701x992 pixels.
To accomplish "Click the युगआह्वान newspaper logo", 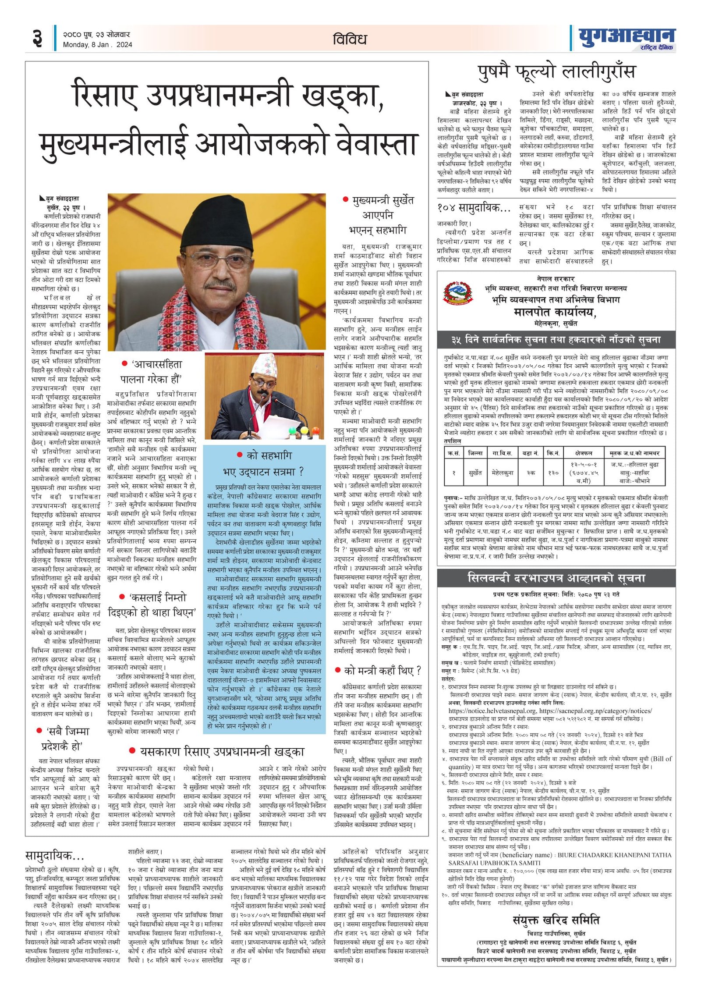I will tap(626, 37).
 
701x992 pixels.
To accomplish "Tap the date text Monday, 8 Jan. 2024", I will tap(97, 45).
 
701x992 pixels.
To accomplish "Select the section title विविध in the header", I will tap(350, 39).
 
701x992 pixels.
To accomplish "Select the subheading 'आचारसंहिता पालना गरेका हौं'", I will tap(152, 371).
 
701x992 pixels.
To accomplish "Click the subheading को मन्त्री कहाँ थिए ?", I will tap(378, 670).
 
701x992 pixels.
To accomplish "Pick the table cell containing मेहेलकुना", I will tap(503, 473).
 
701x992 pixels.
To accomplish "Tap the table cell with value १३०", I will tap(553, 473).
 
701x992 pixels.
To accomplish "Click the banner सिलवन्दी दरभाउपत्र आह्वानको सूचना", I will tap(556, 578).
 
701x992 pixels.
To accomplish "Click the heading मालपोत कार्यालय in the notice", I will tap(555, 312).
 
